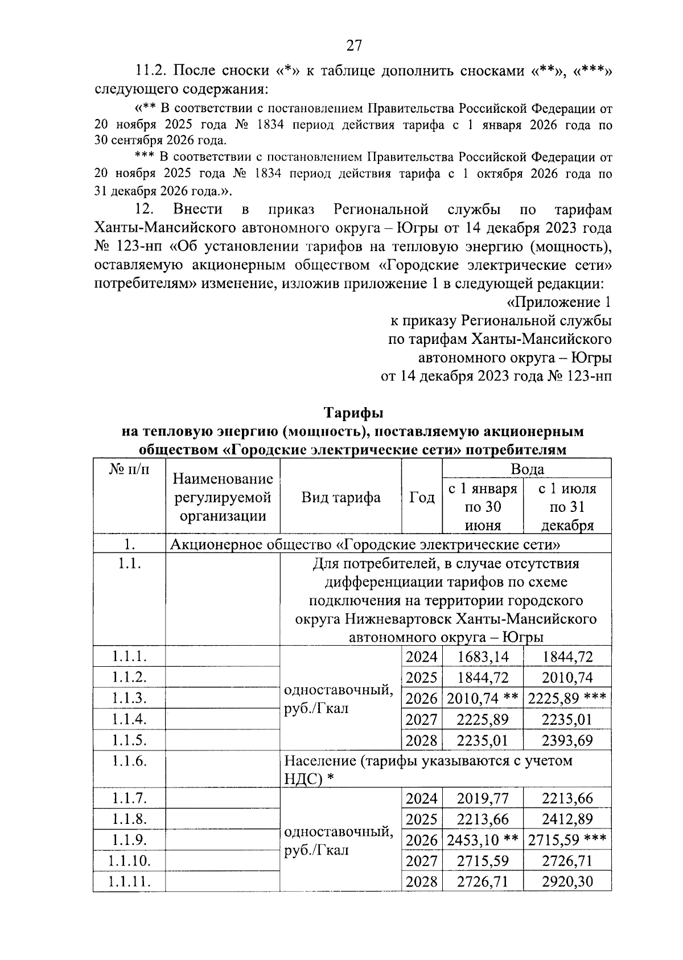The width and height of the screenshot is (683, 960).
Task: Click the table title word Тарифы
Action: coord(353,412)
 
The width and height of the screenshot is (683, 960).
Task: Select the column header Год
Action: coord(422,498)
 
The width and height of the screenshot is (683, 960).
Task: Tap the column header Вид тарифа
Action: coord(340,498)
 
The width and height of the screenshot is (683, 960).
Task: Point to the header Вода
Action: coord(527,469)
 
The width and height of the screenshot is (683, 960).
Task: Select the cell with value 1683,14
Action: coord(482,657)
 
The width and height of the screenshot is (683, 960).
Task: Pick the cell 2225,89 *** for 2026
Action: coord(566,699)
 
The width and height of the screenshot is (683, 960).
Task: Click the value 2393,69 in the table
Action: coord(567,740)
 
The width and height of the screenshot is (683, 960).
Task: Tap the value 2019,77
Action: coord(482,798)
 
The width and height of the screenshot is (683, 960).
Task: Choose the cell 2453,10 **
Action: coord(482,840)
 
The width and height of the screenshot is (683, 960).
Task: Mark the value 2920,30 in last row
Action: coord(567,882)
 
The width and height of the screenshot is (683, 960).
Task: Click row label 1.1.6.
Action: coord(129,761)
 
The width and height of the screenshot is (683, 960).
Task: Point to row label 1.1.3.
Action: coord(129,699)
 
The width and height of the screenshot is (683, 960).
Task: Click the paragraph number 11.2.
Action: coord(150,71)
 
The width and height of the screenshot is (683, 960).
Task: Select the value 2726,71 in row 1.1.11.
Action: coord(482,882)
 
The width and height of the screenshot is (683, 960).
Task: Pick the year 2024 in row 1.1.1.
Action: coord(421,657)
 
